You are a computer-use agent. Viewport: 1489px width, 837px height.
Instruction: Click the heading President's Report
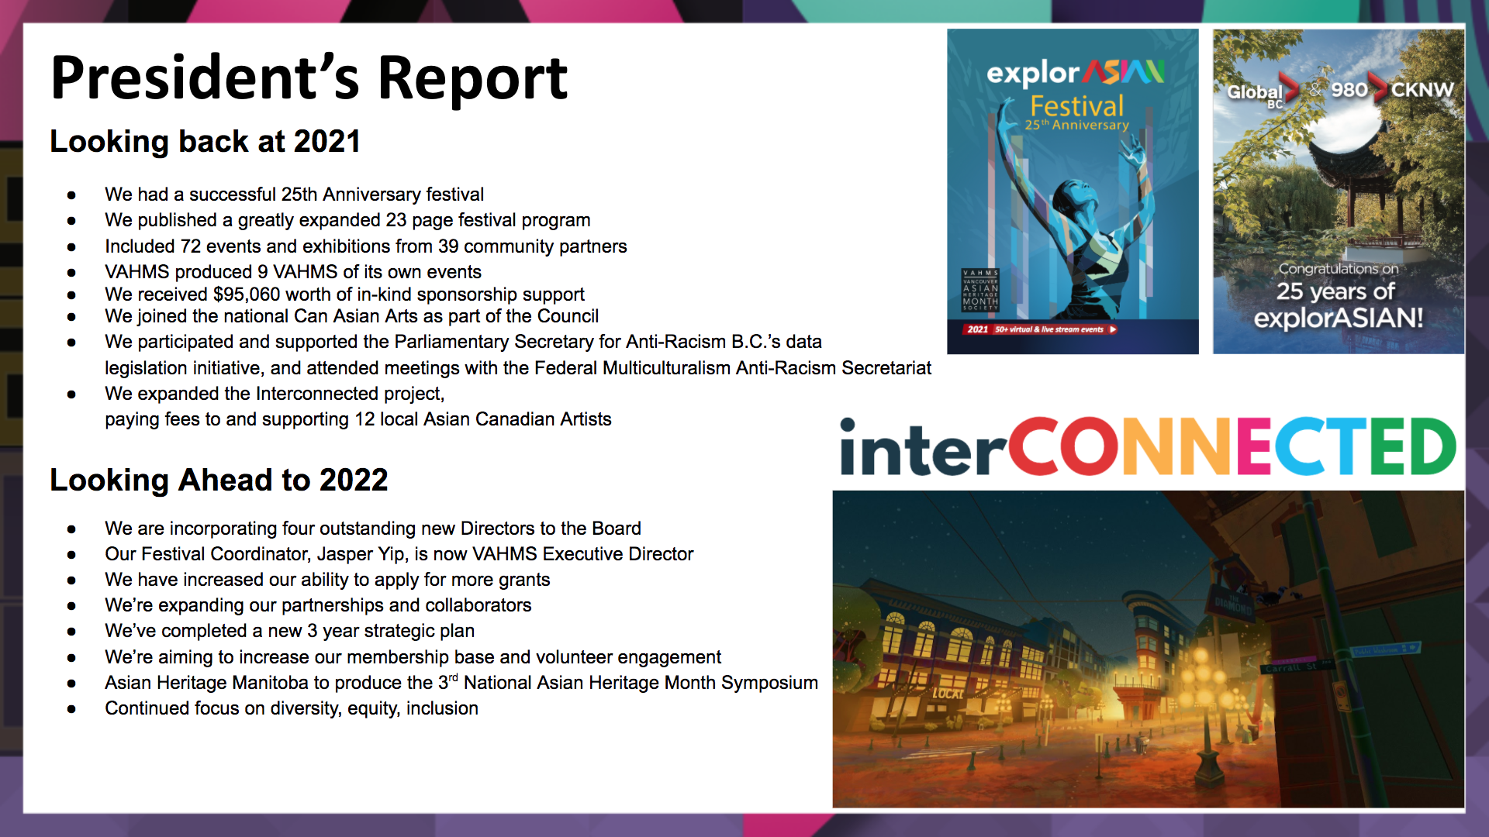point(309,78)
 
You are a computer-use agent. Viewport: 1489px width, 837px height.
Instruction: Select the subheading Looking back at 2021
point(206,141)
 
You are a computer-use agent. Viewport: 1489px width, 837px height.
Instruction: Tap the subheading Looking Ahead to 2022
point(219,480)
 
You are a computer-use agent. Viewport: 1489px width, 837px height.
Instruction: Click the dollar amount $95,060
point(247,294)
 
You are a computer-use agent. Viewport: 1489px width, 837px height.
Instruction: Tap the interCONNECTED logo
point(1149,446)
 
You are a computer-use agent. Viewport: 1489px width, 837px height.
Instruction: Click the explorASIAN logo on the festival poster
point(1076,73)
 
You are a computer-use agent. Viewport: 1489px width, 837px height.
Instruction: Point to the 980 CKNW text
point(1392,89)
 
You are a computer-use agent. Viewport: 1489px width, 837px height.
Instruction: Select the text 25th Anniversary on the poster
point(1077,125)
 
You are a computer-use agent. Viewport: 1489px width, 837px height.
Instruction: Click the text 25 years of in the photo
point(1335,291)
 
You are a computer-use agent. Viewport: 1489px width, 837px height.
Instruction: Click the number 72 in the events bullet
point(191,246)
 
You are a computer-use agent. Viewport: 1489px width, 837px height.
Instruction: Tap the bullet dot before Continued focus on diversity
point(71,709)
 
